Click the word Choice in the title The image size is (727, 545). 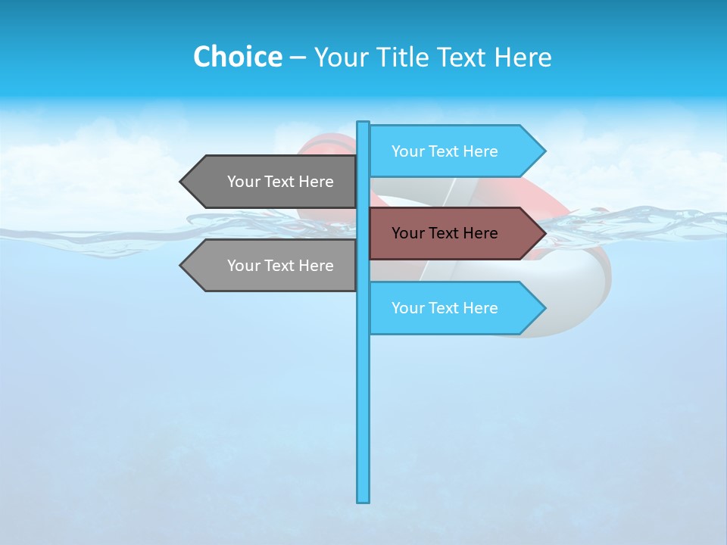pyautogui.click(x=237, y=57)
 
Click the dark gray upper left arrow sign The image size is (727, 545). pyautogui.click(x=273, y=182)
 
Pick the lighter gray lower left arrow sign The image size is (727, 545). pyautogui.click(x=273, y=266)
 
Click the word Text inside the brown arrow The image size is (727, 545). pyautogui.click(x=446, y=233)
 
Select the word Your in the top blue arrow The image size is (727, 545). pyautogui.click(x=408, y=151)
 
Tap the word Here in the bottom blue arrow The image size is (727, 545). pyautogui.click(x=481, y=308)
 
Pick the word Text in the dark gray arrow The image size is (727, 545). pyautogui.click(x=282, y=182)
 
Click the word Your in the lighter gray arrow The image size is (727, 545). pyautogui.click(x=244, y=266)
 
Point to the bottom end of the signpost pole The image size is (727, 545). pyautogui.click(x=363, y=500)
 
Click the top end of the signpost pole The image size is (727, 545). pyautogui.click(x=363, y=123)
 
